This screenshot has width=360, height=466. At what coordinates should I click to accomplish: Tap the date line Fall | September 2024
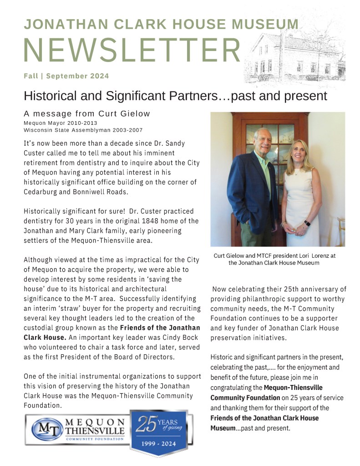point(66,76)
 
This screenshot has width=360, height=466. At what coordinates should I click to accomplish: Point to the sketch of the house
point(296,55)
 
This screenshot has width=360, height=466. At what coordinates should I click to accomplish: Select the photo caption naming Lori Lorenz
point(274,259)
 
